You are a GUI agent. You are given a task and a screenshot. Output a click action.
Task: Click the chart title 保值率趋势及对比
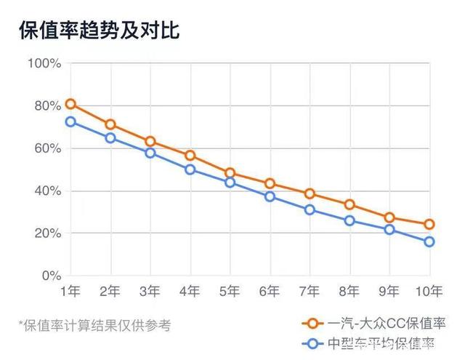[x=99, y=31]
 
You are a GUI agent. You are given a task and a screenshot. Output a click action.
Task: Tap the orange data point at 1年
[x=70, y=104]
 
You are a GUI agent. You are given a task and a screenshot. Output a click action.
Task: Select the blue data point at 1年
[x=70, y=121]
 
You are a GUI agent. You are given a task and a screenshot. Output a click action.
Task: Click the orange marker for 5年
[x=230, y=173]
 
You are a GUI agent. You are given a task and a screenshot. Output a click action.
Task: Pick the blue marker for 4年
[x=190, y=169]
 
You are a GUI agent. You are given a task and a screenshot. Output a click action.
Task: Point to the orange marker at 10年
[x=429, y=224]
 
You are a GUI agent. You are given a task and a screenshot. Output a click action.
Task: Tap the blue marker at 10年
[x=429, y=241]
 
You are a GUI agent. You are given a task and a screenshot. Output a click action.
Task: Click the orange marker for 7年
[x=310, y=193]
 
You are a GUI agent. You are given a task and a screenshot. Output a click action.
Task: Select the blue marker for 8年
[x=349, y=220]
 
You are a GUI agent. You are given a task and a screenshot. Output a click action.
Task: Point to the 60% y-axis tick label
[x=46, y=148]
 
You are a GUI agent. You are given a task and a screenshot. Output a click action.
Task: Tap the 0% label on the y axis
[x=50, y=276]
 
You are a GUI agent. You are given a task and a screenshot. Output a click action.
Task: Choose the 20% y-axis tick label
[x=46, y=233]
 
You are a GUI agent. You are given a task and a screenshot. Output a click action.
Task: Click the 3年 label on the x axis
[x=150, y=292]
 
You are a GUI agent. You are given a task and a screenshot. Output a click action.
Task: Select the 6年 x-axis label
[x=270, y=292]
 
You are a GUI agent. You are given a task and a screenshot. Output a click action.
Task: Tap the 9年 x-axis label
[x=389, y=292]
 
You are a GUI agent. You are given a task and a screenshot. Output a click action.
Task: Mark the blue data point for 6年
[x=270, y=196]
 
